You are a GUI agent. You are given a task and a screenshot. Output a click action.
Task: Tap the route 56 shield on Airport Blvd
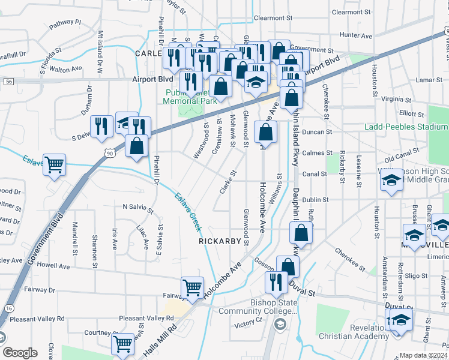8,80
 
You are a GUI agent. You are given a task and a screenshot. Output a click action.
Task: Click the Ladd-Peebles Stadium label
406,127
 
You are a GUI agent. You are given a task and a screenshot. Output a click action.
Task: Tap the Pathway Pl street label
65,22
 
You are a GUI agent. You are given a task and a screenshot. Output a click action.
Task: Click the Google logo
20,353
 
